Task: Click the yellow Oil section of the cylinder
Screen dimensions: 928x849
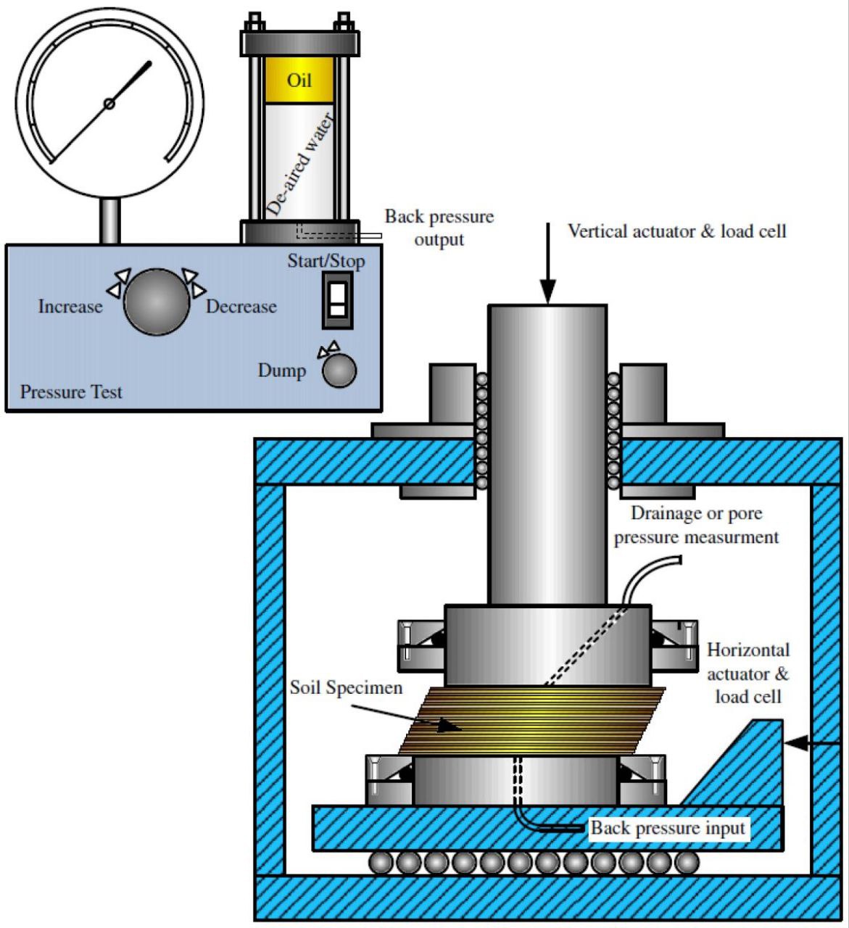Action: [299, 80]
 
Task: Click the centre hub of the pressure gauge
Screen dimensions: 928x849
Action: [109, 104]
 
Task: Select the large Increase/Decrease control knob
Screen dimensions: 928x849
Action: [156, 302]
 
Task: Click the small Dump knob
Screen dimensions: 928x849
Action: [339, 370]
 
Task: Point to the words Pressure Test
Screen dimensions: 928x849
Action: [71, 392]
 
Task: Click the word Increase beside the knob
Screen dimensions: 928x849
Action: [70, 307]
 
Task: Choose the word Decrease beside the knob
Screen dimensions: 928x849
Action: [241, 307]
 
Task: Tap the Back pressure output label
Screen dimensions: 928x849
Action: [439, 228]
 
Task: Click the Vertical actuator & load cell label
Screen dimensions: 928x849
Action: [676, 231]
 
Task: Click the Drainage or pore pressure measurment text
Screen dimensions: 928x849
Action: [696, 526]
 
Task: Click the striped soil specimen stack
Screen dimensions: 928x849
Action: [533, 721]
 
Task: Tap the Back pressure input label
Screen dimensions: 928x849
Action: [668, 828]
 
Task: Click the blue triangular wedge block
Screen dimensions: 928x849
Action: [747, 768]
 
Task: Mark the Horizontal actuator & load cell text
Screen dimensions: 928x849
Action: [748, 674]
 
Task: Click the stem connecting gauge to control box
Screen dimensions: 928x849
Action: [109, 222]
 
